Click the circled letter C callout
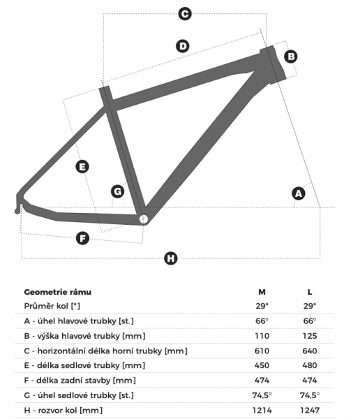(x=185, y=14)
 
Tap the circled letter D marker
(x=183, y=46)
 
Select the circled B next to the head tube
(x=291, y=57)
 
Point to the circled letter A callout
(x=299, y=193)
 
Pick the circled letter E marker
(x=82, y=166)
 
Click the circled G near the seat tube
(x=117, y=191)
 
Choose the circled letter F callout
(x=82, y=238)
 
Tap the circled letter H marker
(x=171, y=258)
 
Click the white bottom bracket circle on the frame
(x=144, y=219)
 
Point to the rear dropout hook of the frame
(x=18, y=207)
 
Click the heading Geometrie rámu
(x=58, y=292)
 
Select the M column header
(x=262, y=292)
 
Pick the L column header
(x=310, y=292)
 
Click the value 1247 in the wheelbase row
(x=310, y=410)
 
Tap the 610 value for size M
(x=262, y=351)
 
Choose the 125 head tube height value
(x=310, y=336)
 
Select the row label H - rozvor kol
(x=63, y=411)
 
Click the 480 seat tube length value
(x=310, y=365)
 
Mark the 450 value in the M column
(x=262, y=365)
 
